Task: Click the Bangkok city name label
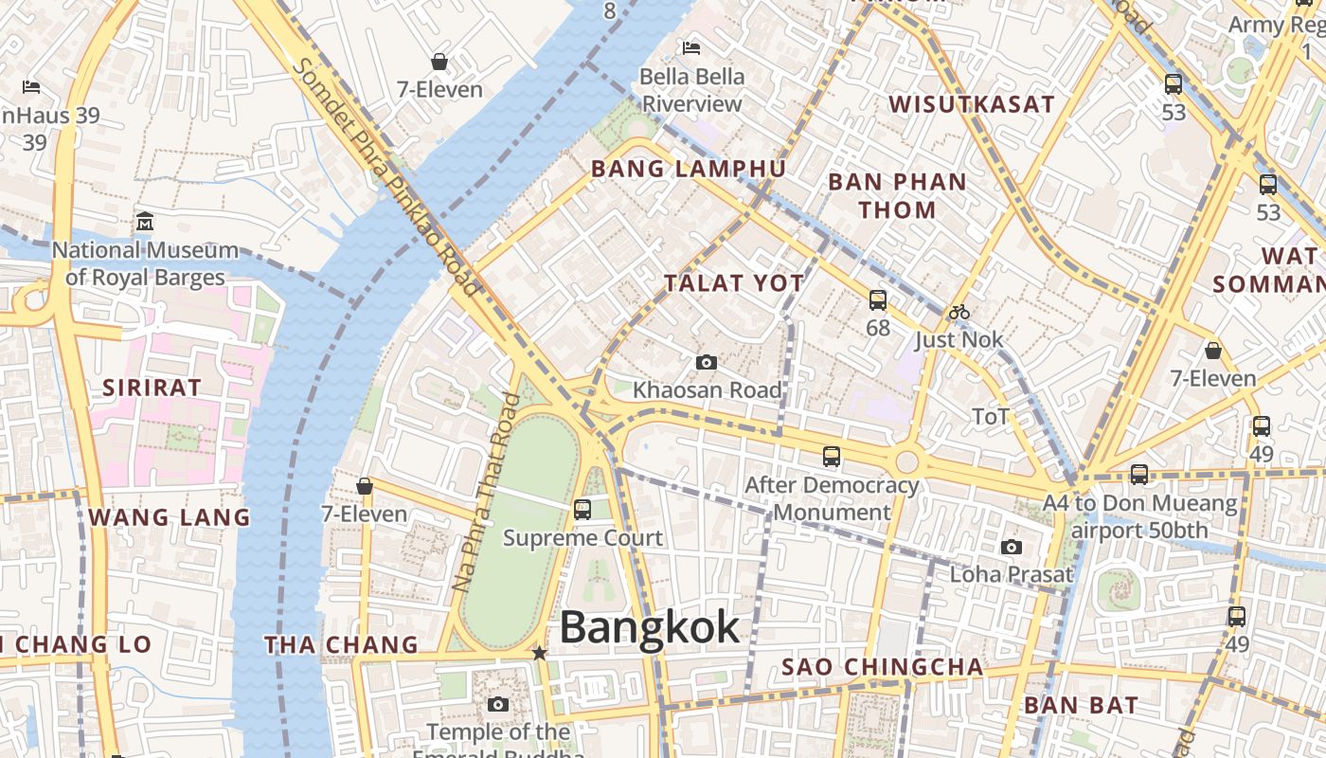(x=649, y=627)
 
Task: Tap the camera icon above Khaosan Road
(x=706, y=362)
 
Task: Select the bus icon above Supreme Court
(x=582, y=510)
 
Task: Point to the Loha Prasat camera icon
(x=1012, y=547)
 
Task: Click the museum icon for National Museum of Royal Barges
(x=145, y=222)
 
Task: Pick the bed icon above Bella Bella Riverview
(x=691, y=47)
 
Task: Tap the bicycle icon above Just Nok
(x=959, y=312)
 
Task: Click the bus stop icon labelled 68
(x=878, y=300)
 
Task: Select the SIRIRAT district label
(x=152, y=387)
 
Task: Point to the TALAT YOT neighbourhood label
(x=734, y=282)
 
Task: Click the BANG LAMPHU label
(x=689, y=169)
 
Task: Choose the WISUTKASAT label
(x=971, y=104)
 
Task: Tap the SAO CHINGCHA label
(x=882, y=667)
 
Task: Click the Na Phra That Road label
(x=486, y=493)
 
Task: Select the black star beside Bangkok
(x=539, y=653)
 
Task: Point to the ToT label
(x=991, y=416)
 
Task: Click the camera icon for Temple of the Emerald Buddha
(x=498, y=704)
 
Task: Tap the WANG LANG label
(x=170, y=517)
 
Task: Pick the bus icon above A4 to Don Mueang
(x=1139, y=474)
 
